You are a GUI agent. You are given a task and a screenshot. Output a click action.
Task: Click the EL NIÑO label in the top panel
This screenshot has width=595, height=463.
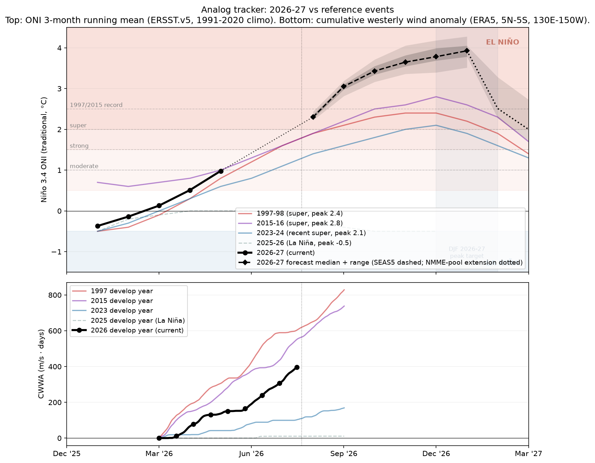pyautogui.click(x=502, y=42)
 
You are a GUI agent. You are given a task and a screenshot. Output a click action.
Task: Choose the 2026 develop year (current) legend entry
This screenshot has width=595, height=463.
pyautogui.click(x=128, y=330)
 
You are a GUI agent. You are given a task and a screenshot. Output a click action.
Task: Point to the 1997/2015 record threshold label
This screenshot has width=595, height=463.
pyautogui.click(x=96, y=105)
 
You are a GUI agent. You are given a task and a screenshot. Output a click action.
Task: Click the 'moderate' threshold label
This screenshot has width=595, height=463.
pyautogui.click(x=84, y=166)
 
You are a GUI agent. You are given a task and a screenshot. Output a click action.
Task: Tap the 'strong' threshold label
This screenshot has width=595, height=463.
pyautogui.click(x=79, y=146)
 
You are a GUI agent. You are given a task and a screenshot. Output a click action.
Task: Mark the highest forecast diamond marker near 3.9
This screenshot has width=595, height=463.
pyautogui.click(x=467, y=51)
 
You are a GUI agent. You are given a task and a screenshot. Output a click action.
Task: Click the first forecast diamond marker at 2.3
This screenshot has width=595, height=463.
pyautogui.click(x=313, y=117)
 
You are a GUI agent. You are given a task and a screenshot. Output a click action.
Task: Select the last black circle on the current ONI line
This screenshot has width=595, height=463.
pyautogui.click(x=221, y=171)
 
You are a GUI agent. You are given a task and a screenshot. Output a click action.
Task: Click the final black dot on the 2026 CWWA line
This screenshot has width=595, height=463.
pyautogui.click(x=297, y=367)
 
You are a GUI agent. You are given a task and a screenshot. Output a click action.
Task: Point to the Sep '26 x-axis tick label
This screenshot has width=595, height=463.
pyautogui.click(x=344, y=454)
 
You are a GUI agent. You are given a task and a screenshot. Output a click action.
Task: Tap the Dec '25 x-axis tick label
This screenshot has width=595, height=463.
pyautogui.click(x=67, y=454)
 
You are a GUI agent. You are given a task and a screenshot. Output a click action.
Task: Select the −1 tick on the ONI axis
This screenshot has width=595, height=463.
pyautogui.click(x=57, y=252)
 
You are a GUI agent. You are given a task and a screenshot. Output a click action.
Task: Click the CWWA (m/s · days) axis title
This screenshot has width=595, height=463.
pyautogui.click(x=41, y=364)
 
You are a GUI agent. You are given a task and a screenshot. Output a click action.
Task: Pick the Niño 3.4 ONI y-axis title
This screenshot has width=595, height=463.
pyautogui.click(x=44, y=150)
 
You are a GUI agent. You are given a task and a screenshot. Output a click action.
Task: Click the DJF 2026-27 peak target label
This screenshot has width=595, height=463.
pyautogui.click(x=467, y=253)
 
